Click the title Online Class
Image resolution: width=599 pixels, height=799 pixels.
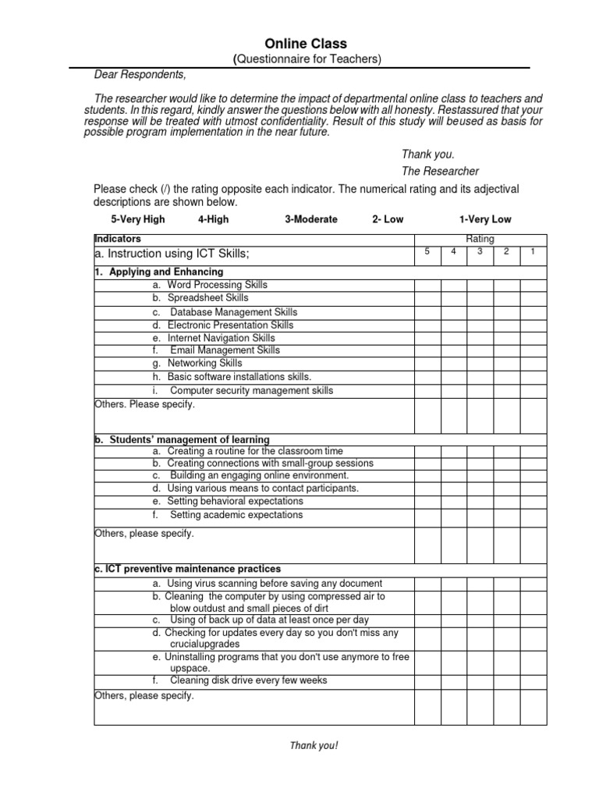[x=305, y=44]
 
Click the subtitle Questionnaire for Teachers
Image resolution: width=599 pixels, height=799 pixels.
[x=307, y=60]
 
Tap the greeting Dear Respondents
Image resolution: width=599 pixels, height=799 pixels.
[x=140, y=75]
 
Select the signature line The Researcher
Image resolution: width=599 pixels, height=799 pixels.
[x=440, y=171]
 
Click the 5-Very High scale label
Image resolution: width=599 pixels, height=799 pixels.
[x=138, y=219]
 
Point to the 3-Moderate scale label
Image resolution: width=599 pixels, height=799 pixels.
[x=311, y=219]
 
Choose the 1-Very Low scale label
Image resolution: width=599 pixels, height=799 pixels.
[x=485, y=219]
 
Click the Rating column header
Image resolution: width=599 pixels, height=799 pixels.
[x=480, y=240]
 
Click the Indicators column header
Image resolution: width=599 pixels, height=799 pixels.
[x=118, y=239]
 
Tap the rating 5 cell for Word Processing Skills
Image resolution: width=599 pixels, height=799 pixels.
[x=427, y=286]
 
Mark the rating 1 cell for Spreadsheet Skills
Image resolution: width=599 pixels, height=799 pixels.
[x=533, y=298]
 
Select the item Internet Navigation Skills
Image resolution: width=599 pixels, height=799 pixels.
[x=221, y=338]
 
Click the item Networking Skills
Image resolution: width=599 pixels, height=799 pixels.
[x=204, y=363]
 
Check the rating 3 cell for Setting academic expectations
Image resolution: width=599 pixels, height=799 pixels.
[x=480, y=516]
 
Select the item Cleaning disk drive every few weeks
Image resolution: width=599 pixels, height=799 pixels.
[x=248, y=680]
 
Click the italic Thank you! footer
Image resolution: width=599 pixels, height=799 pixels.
[x=314, y=745]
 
